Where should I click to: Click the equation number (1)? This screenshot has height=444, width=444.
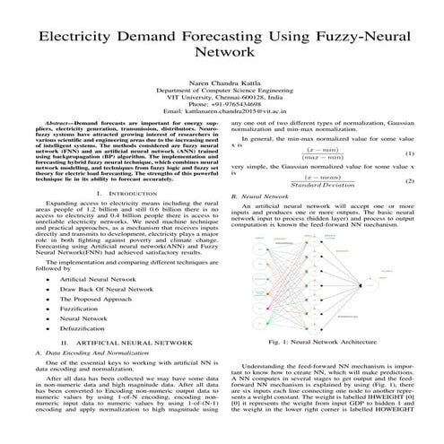(x=410, y=153)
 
